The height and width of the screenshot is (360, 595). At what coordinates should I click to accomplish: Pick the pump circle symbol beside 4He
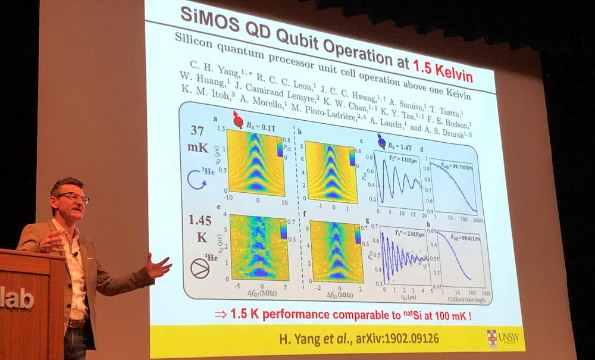pos(199,268)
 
